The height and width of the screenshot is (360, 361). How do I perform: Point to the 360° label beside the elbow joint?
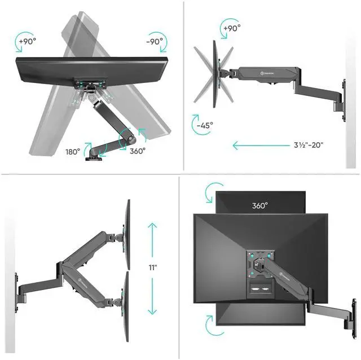(x=137, y=151)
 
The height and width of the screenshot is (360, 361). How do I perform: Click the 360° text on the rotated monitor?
(x=259, y=205)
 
